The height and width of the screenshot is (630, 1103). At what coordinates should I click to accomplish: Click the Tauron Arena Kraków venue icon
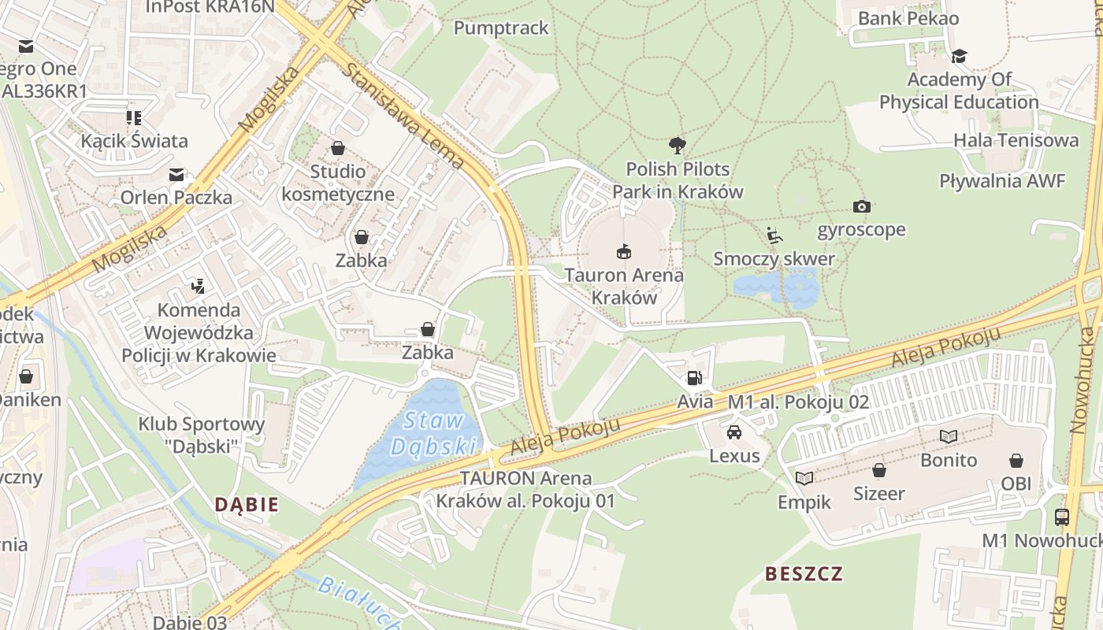point(623,251)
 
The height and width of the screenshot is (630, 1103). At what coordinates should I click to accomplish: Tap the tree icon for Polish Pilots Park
point(677,145)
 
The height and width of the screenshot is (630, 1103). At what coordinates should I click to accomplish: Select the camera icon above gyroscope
point(861,206)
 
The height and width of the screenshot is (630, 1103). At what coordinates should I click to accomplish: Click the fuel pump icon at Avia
point(693,378)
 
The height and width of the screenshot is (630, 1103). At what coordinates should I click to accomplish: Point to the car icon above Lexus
point(734,432)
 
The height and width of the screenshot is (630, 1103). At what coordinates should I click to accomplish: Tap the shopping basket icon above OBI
point(1016,460)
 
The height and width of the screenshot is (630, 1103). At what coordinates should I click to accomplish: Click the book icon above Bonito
point(949,436)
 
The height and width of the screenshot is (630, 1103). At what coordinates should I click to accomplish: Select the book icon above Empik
point(804,478)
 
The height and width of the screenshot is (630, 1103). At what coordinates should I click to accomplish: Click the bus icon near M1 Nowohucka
point(1062,517)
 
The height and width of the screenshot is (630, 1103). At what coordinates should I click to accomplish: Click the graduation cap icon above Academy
point(959,56)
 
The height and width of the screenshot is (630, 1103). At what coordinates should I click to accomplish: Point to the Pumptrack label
point(501,28)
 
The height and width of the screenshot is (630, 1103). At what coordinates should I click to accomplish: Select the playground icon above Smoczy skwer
point(774,235)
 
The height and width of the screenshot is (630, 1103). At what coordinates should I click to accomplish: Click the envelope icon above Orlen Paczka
point(176,174)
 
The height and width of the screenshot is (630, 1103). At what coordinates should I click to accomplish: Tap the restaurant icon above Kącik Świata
point(134,118)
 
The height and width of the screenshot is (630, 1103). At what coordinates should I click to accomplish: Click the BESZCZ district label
point(804,573)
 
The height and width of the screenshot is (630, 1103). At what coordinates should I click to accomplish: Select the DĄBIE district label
point(247,504)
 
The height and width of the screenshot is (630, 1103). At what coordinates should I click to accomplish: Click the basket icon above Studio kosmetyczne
point(338,148)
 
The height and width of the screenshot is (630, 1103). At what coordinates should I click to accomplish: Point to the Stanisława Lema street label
point(403,115)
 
